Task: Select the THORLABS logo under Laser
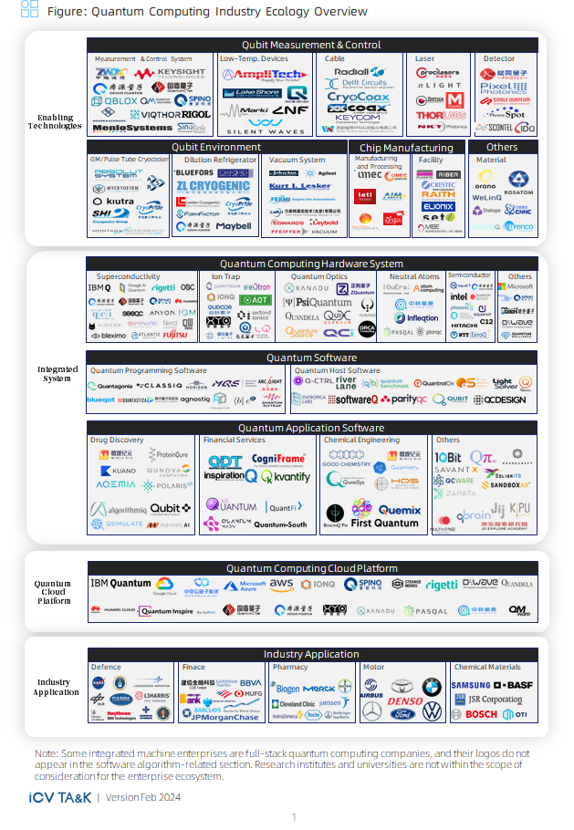point(442,116)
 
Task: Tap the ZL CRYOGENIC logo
point(213,186)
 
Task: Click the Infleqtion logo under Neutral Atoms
point(416,318)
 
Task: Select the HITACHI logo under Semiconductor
point(464,323)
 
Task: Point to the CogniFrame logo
point(278,459)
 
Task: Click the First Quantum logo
point(385,524)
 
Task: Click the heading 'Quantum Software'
point(311,358)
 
